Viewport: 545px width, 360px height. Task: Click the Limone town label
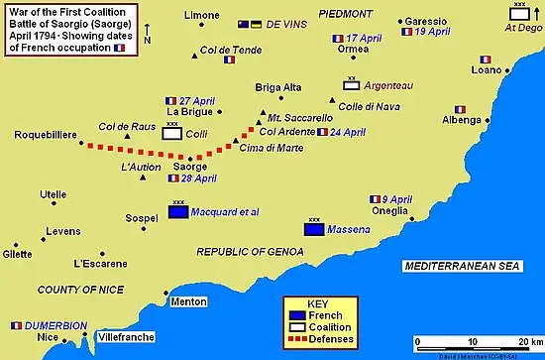[x=203, y=15]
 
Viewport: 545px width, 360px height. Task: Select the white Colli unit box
[x=172, y=133]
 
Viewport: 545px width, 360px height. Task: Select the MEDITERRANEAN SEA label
[x=464, y=267]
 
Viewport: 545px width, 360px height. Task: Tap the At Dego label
[x=518, y=29]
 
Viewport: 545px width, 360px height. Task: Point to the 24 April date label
[x=349, y=132]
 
